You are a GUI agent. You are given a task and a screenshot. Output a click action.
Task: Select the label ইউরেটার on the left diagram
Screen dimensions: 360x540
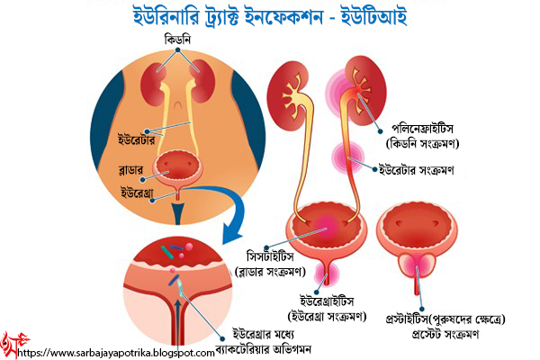pyautogui.click(x=139, y=141)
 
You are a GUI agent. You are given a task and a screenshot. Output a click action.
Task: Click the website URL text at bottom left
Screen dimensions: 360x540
pyautogui.click(x=117, y=354)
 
